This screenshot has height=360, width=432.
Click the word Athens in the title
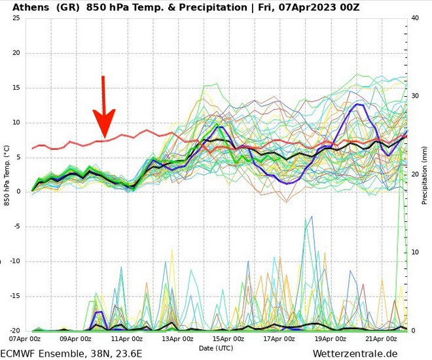pyautogui.click(x=29, y=7)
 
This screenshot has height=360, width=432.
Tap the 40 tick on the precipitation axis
pyautogui.click(x=414, y=18)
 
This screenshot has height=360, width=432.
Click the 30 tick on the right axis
pyautogui.click(x=414, y=96)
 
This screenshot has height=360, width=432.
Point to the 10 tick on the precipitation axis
pyautogui.click(x=414, y=253)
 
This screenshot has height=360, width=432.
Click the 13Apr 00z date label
pyautogui.click(x=177, y=339)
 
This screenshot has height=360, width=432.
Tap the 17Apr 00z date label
pyautogui.click(x=279, y=339)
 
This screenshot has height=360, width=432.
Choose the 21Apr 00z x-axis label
pyautogui.click(x=381, y=339)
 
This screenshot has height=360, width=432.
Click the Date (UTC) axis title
pyautogui.click(x=215, y=348)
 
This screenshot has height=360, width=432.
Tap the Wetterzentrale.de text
pyautogui.click(x=355, y=353)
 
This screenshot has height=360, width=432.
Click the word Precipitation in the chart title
pyautogui.click(x=214, y=7)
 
